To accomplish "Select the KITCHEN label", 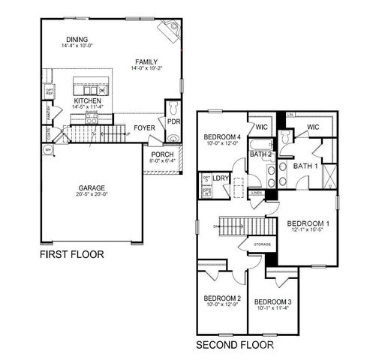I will [x=88, y=100].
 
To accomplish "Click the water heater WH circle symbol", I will [x=49, y=150].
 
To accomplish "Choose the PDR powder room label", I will [x=173, y=121].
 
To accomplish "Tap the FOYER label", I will [x=145, y=128].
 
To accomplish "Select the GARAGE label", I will [x=92, y=188].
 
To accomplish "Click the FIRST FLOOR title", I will [x=72, y=254].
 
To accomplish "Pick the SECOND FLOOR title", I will [x=234, y=346].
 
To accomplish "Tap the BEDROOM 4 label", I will [x=223, y=136].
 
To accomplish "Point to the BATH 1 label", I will [x=306, y=166].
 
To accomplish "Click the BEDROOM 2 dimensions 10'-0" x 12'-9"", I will [x=222, y=304].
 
